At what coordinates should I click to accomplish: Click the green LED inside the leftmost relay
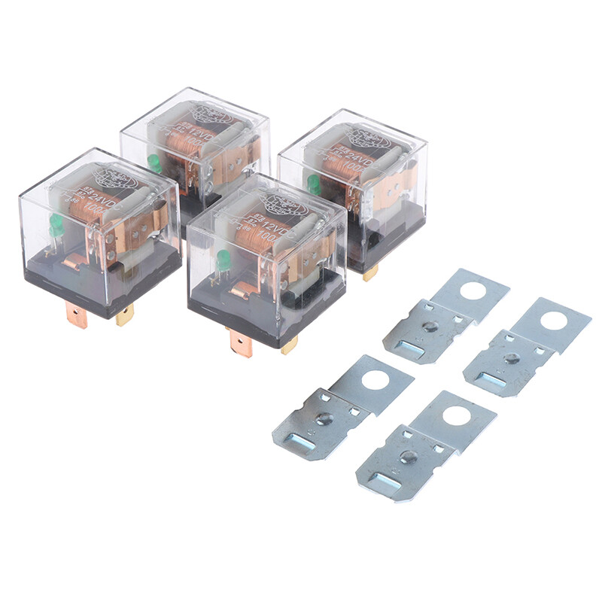pos(56,223)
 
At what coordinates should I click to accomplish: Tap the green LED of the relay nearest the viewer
pos(223,260)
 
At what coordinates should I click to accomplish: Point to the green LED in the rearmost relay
pos(155,162)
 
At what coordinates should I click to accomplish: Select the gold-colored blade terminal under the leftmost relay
pos(124,314)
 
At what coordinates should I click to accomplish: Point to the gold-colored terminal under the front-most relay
pos(289,345)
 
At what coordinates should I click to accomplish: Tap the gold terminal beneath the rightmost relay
pos(369,272)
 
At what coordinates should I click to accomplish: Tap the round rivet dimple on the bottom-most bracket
pos(409,456)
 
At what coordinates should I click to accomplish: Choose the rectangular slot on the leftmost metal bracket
pos(304,441)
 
